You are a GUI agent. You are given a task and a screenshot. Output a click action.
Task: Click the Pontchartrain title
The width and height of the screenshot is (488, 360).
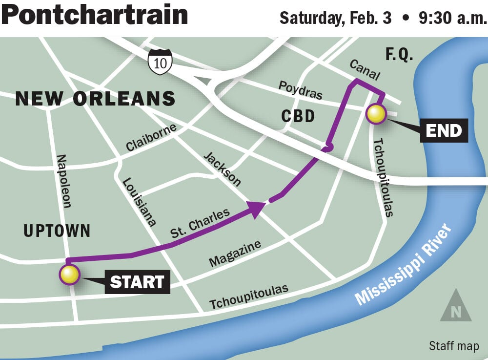(x=94, y=15)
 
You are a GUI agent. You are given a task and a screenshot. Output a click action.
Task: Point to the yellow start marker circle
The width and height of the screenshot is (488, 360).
(x=69, y=275)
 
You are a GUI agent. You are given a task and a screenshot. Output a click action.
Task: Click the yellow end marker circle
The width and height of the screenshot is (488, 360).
(x=376, y=114)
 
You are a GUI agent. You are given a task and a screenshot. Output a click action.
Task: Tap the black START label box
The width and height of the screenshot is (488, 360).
(x=137, y=282)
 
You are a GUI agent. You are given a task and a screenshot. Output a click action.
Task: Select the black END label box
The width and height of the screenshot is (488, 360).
(x=444, y=130)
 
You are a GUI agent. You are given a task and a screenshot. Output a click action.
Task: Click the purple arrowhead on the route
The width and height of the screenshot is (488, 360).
(x=257, y=207)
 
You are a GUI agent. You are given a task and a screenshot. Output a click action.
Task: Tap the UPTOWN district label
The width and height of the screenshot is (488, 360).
(x=57, y=231)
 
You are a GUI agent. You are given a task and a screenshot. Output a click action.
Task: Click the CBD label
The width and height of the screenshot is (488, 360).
(x=298, y=116)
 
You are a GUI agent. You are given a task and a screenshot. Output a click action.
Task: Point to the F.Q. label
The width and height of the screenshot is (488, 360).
(x=399, y=55)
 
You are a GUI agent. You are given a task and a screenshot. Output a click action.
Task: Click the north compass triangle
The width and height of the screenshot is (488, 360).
(x=456, y=306)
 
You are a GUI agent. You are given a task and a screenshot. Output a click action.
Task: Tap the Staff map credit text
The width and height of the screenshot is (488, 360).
(x=454, y=346)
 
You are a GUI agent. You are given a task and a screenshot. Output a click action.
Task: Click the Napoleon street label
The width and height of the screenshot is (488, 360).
(x=64, y=181)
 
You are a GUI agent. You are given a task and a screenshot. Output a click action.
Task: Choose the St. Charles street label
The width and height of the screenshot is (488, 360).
(x=200, y=224)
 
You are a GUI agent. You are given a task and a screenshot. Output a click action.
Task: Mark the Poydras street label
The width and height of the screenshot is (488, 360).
(x=300, y=90)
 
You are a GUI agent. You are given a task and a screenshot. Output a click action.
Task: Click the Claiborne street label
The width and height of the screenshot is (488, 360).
(x=151, y=138)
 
